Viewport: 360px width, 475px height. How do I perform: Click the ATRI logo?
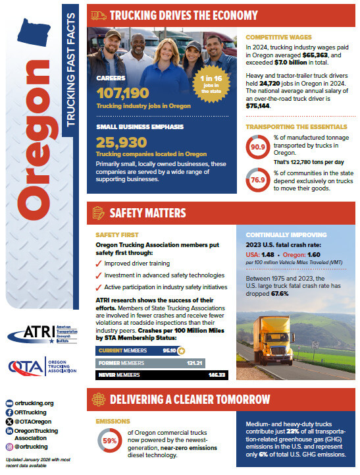pos(42,333)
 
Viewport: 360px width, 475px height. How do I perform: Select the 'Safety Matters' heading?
pos(147,213)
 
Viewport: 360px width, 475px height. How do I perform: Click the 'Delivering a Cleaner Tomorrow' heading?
pos(192,399)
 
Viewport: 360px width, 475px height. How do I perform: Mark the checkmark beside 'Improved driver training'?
pos(99,264)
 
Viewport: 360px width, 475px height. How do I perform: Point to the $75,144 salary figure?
pos(259,105)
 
